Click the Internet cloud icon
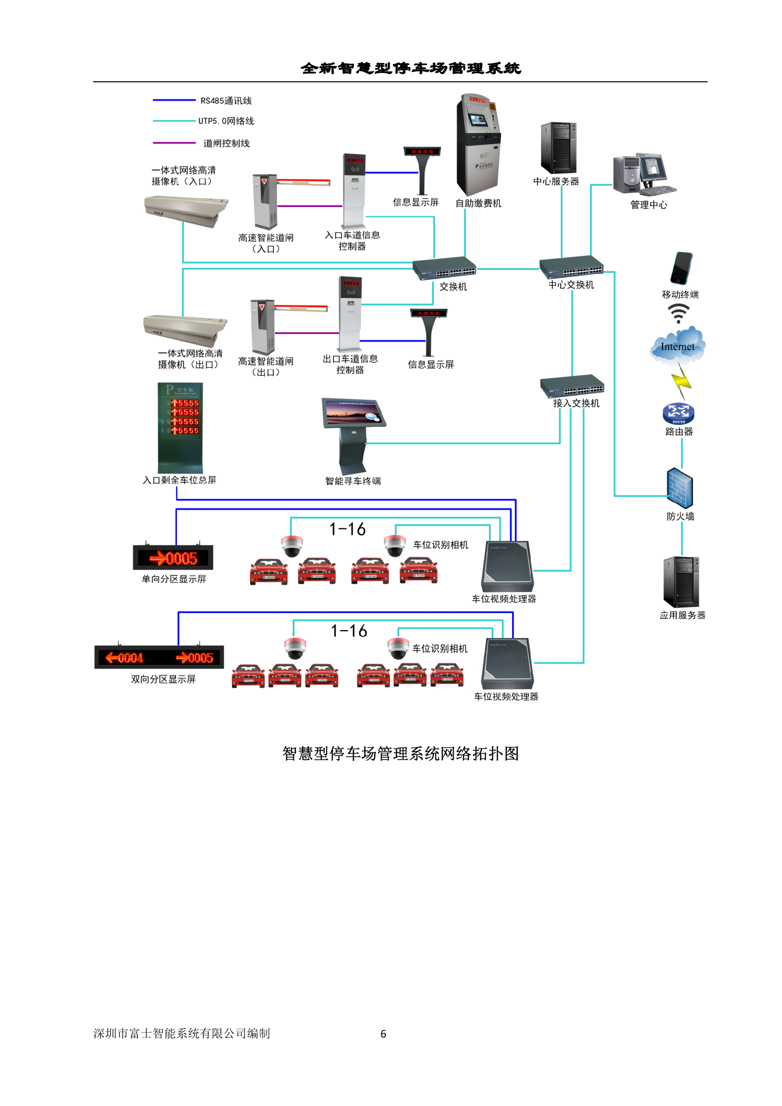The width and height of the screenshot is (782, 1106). coord(678,345)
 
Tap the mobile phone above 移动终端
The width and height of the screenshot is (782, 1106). coord(680,268)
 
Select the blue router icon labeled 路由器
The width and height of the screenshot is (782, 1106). coord(678,413)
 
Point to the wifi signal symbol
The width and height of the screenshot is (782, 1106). coord(678,313)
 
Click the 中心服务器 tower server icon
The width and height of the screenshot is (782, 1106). coord(558,148)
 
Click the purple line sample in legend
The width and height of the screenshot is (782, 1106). coord(174,143)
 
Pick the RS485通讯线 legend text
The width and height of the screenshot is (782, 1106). coord(226,101)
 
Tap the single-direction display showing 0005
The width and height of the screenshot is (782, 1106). coord(173,558)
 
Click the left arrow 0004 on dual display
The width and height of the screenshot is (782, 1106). coord(125,658)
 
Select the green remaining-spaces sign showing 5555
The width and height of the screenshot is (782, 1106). coord(180,427)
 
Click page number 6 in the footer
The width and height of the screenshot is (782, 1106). coord(383,1034)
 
